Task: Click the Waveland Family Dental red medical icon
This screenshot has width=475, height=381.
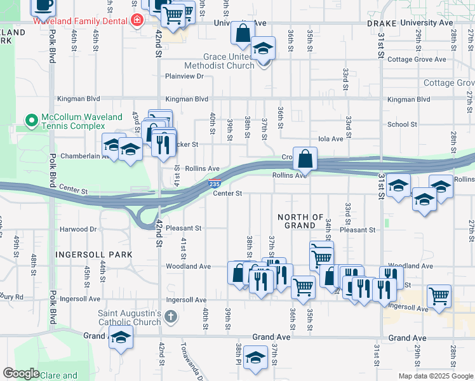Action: click(x=135, y=20)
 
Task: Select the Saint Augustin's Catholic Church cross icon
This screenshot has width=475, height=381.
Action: click(x=170, y=316)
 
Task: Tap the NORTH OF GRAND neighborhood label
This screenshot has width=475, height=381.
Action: click(x=300, y=221)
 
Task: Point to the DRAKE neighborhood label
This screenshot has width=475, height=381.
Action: click(x=382, y=23)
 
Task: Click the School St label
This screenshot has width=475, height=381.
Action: click(x=402, y=124)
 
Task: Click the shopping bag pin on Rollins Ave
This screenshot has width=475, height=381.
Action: click(x=305, y=157)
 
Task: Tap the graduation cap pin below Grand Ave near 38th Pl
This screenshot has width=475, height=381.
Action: click(x=255, y=358)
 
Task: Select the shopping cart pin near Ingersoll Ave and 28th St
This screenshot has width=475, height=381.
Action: click(x=439, y=295)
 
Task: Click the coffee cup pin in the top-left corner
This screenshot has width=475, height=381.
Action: click(x=43, y=6)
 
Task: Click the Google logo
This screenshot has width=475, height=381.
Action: click(x=21, y=373)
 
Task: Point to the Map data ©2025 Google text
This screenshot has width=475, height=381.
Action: click(x=436, y=376)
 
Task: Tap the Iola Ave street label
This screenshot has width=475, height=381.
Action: click(x=330, y=138)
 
